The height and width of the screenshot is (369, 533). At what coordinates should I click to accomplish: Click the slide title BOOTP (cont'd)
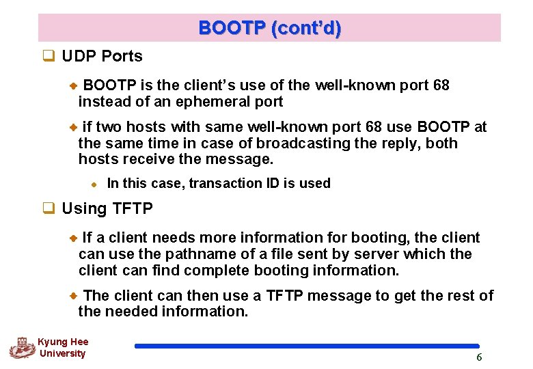[269, 29]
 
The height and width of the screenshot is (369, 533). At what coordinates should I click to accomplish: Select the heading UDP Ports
[102, 57]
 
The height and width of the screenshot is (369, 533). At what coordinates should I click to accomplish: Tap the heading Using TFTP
[107, 209]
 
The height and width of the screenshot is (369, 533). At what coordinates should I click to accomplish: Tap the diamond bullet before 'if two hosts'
[75, 127]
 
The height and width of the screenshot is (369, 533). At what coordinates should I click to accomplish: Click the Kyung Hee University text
[63, 348]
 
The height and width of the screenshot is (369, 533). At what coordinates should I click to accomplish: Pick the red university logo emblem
[22, 348]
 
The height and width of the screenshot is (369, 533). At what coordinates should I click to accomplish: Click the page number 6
[479, 357]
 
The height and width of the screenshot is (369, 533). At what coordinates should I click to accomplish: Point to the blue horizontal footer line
[307, 346]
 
